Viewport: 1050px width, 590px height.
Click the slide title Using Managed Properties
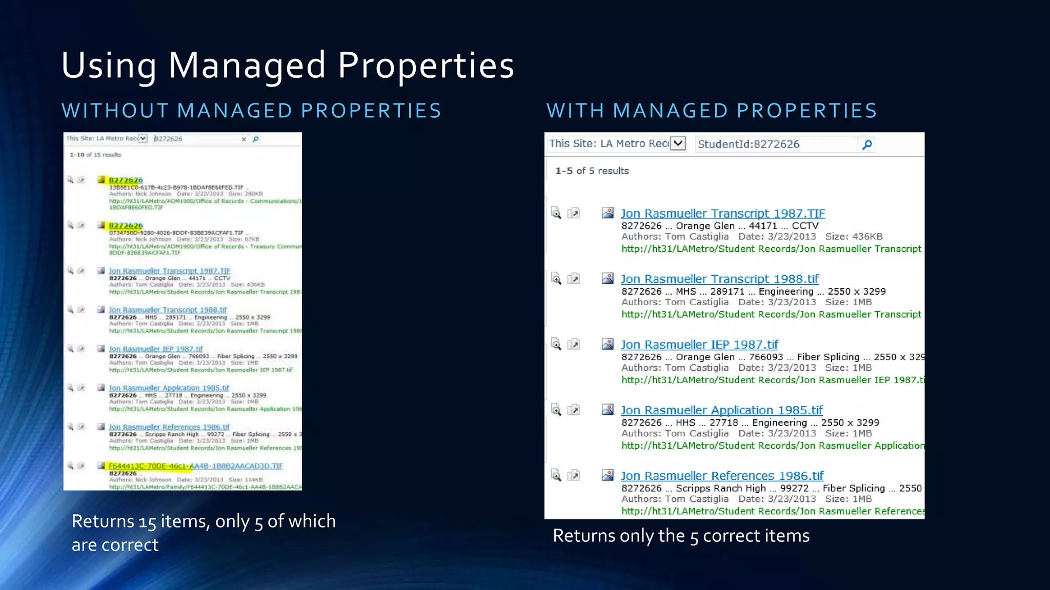287,66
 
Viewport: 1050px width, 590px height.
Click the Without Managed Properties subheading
251,111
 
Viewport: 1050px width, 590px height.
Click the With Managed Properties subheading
712,111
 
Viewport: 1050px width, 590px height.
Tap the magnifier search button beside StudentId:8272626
867,145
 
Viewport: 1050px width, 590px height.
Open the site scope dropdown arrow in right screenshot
678,143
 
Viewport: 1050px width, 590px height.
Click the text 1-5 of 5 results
592,171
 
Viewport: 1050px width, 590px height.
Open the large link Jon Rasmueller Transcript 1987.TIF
722,214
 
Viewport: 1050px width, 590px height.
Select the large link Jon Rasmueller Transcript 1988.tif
719,279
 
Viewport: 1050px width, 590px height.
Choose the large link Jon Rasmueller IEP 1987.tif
699,345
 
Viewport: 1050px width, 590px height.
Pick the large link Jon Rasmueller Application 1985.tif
721,410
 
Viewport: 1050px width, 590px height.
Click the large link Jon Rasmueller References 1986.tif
722,476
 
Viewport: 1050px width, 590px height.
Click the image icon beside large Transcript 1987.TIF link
608,213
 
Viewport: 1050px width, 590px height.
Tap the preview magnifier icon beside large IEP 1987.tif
556,344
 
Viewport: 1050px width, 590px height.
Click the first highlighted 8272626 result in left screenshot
126,180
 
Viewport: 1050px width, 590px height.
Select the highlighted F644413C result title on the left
195,466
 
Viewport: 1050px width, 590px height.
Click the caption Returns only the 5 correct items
681,536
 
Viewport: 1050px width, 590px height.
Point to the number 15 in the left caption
147,522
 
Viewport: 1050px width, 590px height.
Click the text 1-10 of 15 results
95,155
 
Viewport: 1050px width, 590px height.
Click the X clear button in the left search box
244,139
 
